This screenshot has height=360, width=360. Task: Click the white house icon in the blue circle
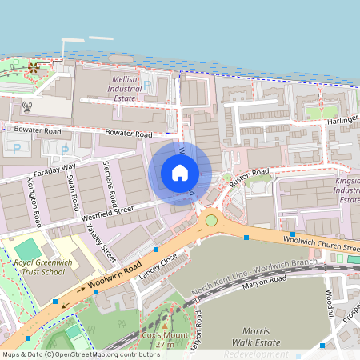180,173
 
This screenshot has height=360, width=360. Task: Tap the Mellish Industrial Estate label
125,89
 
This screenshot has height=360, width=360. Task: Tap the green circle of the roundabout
211,220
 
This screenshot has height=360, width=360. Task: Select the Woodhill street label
330,303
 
